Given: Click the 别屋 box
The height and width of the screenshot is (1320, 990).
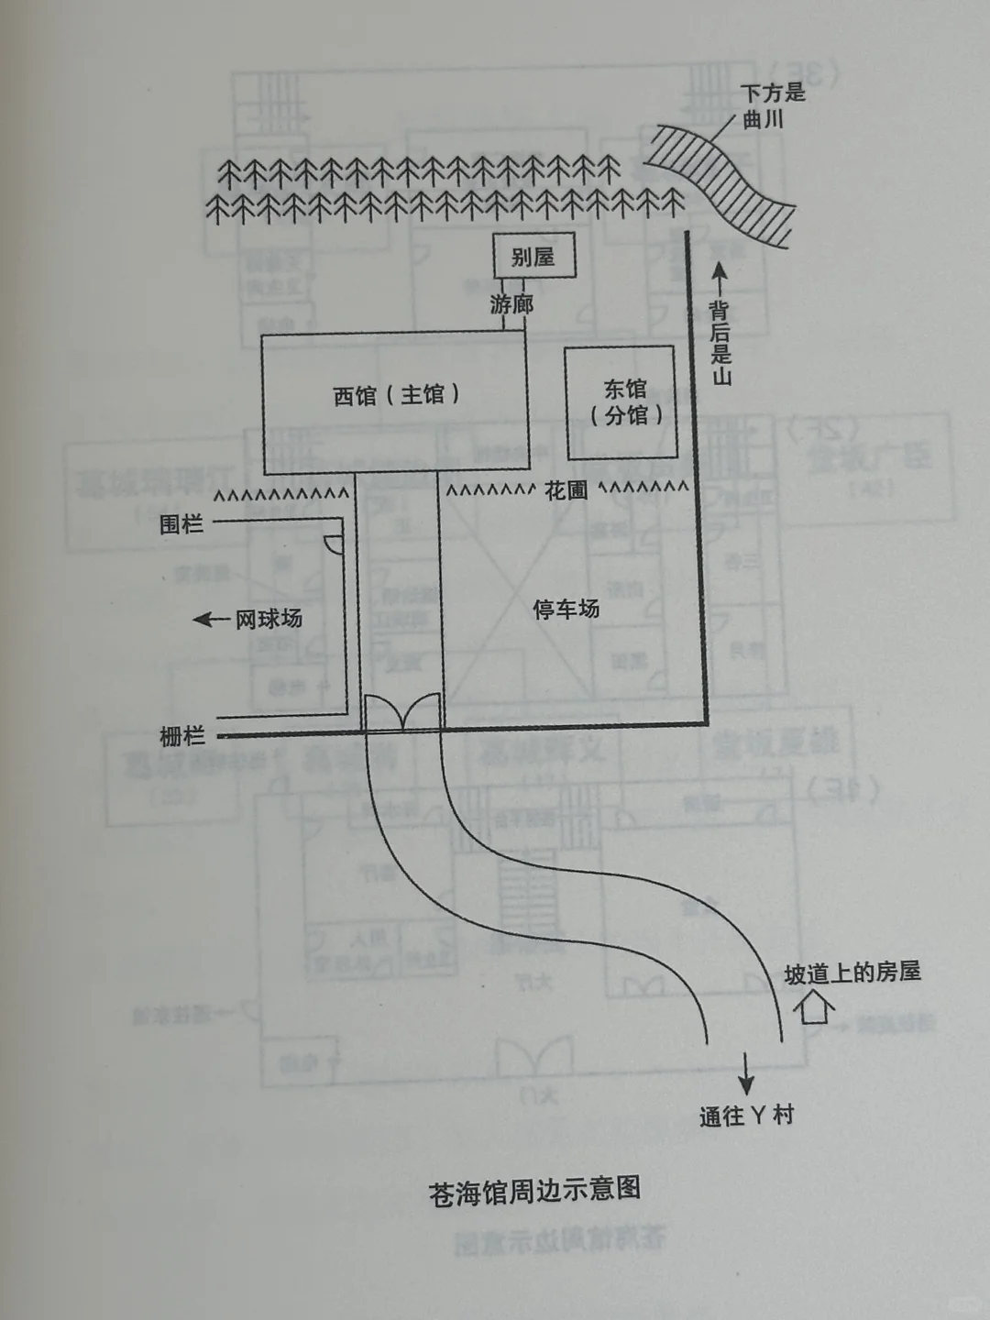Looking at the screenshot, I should click(534, 256).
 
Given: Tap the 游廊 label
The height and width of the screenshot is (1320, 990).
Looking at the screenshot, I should click(511, 304).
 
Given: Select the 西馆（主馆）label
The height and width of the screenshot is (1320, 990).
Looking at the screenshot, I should click(396, 395).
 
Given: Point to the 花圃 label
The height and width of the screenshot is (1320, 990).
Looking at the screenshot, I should click(566, 490).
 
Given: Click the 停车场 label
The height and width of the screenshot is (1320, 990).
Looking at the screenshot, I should click(566, 609).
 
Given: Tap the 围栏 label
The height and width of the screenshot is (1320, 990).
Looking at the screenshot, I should click(181, 524).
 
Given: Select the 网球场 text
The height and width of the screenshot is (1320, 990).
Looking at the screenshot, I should click(269, 619).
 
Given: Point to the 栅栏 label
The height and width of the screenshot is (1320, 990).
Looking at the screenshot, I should click(181, 736).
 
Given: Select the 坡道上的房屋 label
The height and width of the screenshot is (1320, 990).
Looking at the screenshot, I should click(852, 973).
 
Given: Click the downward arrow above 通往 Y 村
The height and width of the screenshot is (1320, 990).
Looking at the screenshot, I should click(747, 1071).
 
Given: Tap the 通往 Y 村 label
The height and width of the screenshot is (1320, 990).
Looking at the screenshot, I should click(746, 1116).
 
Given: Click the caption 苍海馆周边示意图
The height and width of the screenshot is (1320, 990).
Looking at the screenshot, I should click(534, 1192).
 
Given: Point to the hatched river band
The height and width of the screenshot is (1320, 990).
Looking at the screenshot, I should click(724, 183).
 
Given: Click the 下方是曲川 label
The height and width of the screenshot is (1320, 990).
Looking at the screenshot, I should click(772, 105).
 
